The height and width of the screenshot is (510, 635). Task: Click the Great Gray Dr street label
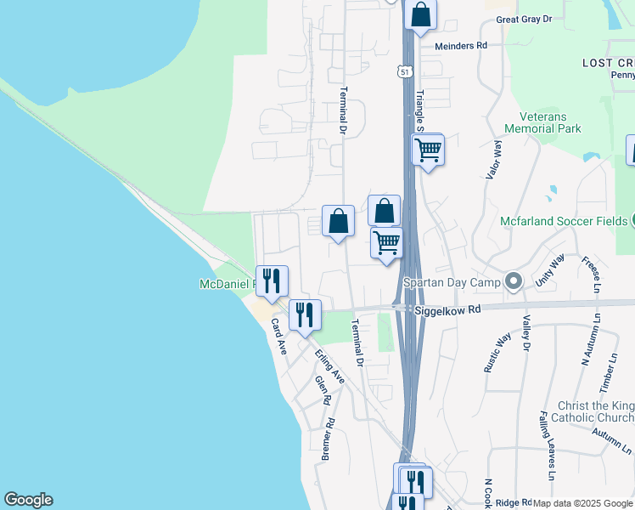(x=524, y=19)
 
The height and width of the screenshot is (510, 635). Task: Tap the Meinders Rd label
(x=461, y=45)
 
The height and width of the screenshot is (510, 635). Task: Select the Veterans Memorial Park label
(x=542, y=123)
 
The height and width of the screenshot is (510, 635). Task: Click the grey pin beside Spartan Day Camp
(x=513, y=280)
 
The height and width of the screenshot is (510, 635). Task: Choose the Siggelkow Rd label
(x=447, y=310)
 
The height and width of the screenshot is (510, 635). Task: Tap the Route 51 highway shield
(x=405, y=71)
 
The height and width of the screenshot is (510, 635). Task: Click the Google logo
(x=28, y=500)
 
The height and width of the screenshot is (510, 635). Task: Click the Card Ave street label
(x=279, y=337)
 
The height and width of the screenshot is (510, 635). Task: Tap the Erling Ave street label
(x=329, y=366)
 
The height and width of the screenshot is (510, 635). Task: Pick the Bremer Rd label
(x=327, y=439)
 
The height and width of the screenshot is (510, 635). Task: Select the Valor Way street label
(x=492, y=161)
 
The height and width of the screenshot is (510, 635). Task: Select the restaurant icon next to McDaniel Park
(x=272, y=280)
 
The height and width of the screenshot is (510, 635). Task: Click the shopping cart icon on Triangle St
(x=428, y=150)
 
